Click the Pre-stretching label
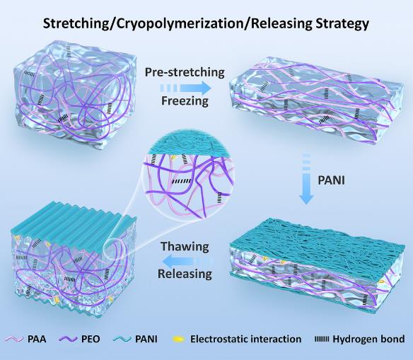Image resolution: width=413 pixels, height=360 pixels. pos(185,72)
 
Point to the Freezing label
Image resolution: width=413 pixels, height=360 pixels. pos(185,100)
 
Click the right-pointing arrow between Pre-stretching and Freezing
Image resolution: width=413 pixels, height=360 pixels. pos(185,88)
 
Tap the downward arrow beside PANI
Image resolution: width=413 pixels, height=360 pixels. pos(306,179)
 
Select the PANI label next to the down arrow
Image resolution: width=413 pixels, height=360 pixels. pos(332,180)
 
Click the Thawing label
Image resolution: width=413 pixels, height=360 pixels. pos(185,247)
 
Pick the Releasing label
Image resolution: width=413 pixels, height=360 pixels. pos(185,274)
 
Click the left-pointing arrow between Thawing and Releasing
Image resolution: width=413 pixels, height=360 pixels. pos(188,262)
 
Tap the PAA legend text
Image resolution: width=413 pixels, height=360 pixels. pos(37,339)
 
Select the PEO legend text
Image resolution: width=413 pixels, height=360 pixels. pos(91,339)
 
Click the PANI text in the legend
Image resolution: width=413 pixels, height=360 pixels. pos(146,339)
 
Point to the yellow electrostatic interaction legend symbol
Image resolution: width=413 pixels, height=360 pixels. pos(179,339)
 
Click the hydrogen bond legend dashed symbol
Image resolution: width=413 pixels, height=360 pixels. pos(322,339)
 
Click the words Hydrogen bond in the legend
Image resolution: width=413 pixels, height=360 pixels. pos(368,339)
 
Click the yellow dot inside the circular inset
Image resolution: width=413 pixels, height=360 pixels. pos(173,158)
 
